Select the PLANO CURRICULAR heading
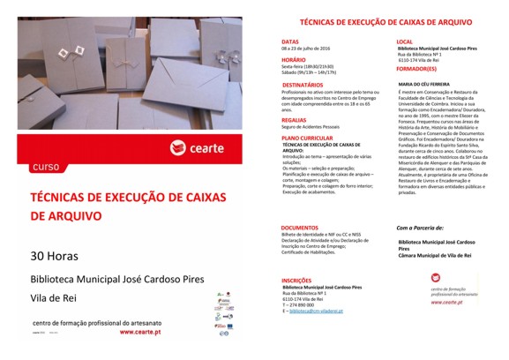click(308, 139)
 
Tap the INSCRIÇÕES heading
click(296, 281)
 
